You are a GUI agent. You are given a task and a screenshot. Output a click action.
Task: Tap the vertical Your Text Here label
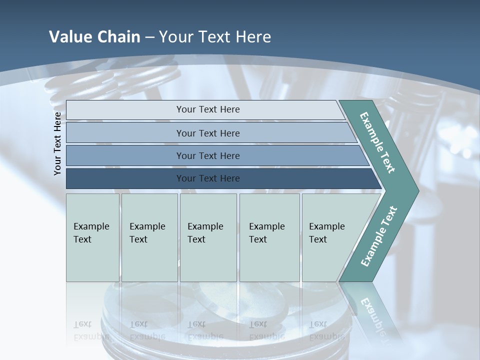(57, 143)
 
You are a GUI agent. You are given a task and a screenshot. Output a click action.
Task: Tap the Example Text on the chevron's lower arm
(379, 236)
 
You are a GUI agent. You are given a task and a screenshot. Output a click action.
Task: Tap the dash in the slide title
(149, 37)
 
